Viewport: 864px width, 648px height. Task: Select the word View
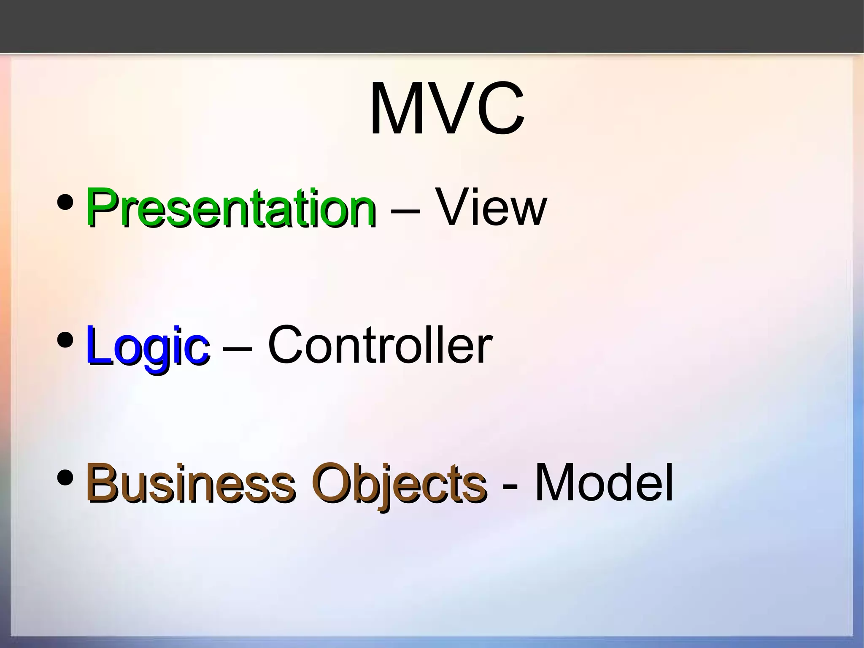[x=491, y=207]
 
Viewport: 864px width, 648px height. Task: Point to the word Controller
[x=380, y=345]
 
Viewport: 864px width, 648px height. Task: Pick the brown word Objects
[x=399, y=483]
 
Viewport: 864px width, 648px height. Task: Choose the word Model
[x=604, y=482]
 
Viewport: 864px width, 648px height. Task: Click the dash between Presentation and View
[x=405, y=210]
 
